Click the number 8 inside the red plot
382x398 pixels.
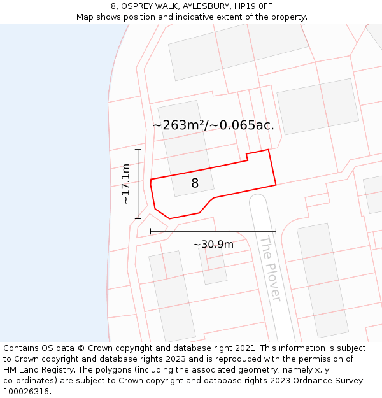tap(195, 183)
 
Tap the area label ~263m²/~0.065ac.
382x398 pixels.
tap(213, 125)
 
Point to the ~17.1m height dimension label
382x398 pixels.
tap(125, 183)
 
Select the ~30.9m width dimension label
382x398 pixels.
tap(213, 244)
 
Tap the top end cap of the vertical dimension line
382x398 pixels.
tap(138, 149)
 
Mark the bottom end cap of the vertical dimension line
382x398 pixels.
tap(138, 218)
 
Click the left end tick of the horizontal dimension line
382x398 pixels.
tap(150, 231)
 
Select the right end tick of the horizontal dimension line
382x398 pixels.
tap(276, 231)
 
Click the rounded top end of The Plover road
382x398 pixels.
tap(257, 199)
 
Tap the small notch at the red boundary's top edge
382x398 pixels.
tap(247, 156)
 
